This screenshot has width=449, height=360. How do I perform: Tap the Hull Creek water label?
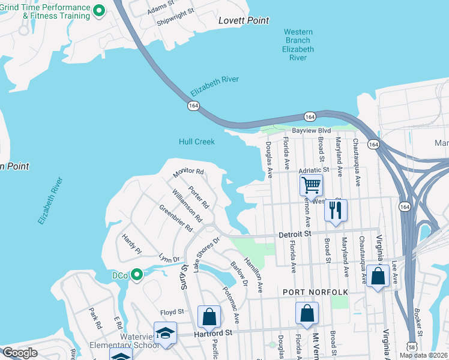coord(196,142)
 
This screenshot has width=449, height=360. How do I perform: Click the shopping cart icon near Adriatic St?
coord(312,184)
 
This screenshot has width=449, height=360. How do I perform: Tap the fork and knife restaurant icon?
coord(336,210)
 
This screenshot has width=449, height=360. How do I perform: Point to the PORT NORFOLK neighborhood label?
coord(315,292)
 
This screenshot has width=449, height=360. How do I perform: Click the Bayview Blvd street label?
coord(311,130)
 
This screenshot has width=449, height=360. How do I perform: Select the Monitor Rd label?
coord(188,172)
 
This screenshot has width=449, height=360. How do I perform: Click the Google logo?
coord(20,353)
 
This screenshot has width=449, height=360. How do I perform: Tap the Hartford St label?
coord(212,333)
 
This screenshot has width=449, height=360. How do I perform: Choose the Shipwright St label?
coord(175,16)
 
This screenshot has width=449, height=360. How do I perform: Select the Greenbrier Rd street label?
coord(175,219)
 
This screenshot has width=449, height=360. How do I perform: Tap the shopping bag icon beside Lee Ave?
coord(378,276)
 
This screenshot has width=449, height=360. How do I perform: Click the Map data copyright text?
coord(423,355)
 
